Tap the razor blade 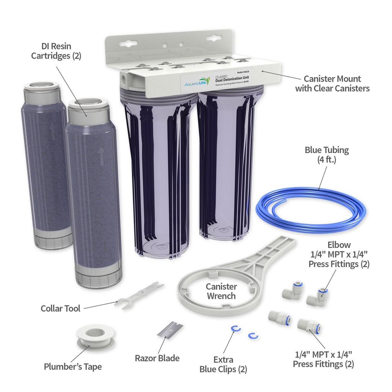tap(170, 330)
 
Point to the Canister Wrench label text tap(221, 291)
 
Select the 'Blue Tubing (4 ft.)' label tap(327, 155)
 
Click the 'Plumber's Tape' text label tap(73, 367)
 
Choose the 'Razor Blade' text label tap(157, 358)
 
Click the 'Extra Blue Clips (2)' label tap(223, 364)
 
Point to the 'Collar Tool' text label tap(60, 308)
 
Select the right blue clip tap(253, 336)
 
